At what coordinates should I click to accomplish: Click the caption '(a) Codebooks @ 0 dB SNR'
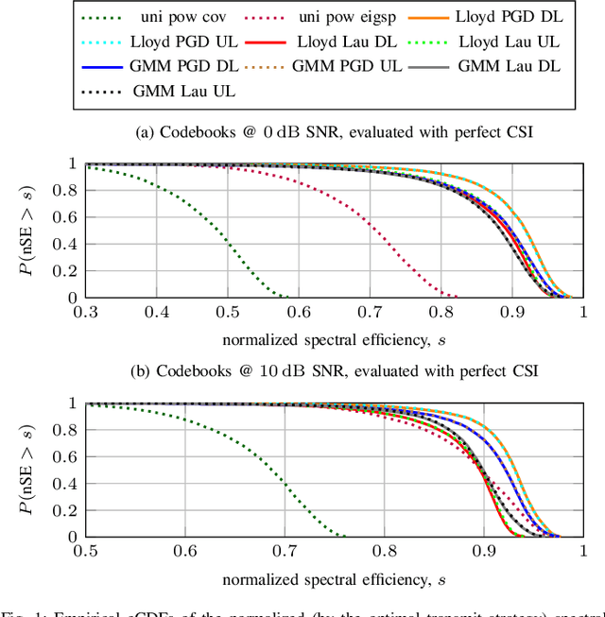(334, 131)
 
